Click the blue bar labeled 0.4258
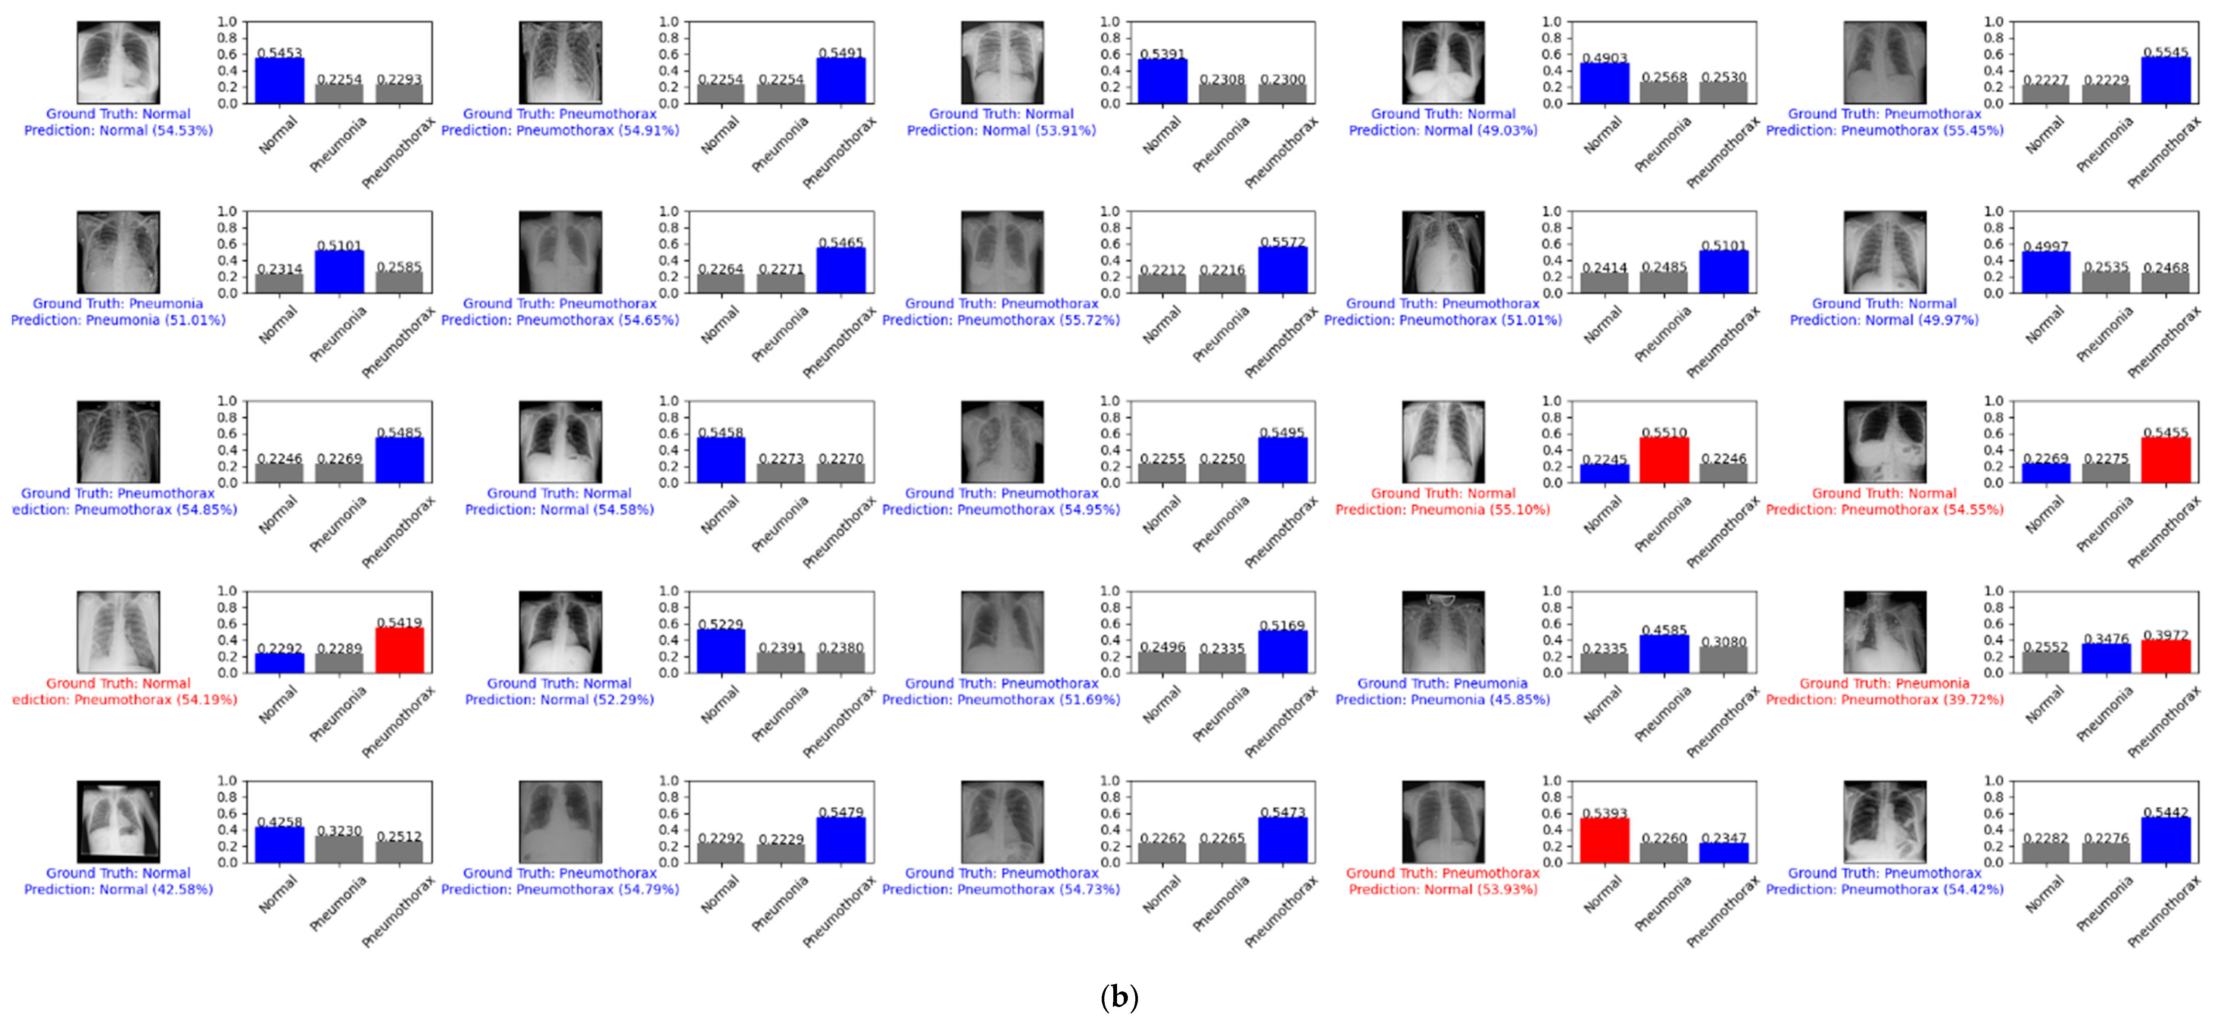click(x=279, y=844)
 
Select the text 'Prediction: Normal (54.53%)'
click(x=118, y=130)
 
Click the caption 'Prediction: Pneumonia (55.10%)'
click(x=1442, y=509)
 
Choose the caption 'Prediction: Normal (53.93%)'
click(x=1442, y=889)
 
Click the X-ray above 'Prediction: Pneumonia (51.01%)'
click(x=118, y=251)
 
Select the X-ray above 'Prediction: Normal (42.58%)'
click(x=118, y=821)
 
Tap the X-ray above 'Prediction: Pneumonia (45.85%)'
click(x=1442, y=632)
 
